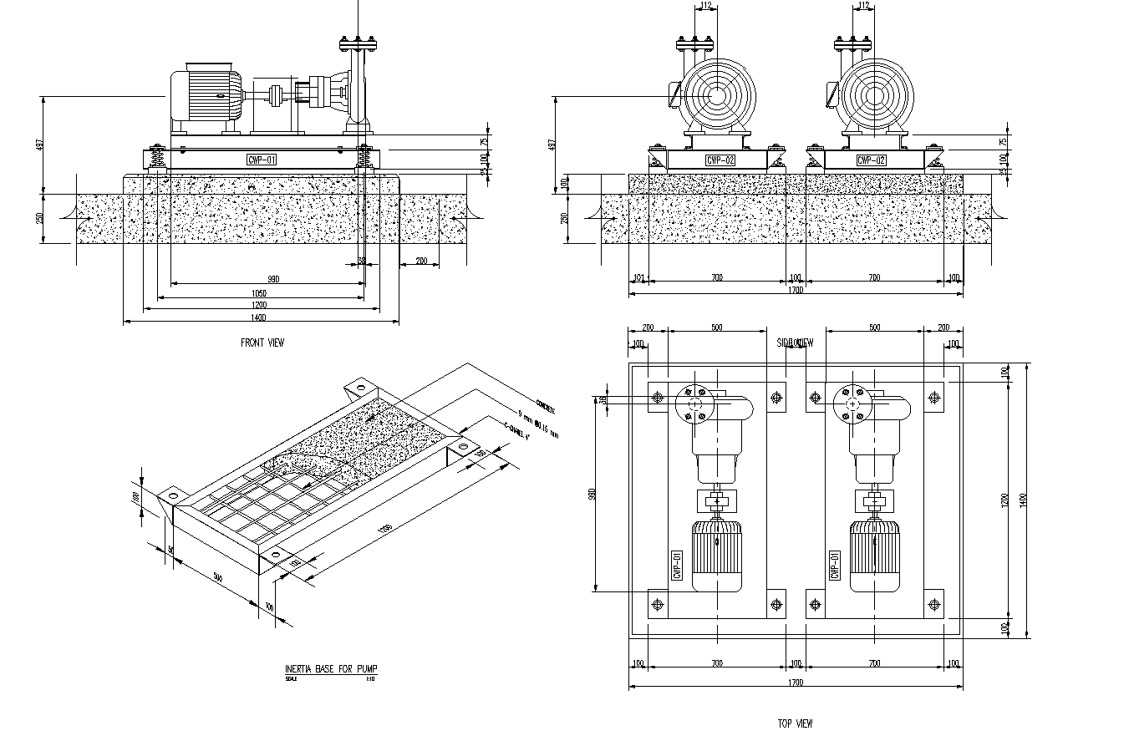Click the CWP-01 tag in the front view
[262, 160]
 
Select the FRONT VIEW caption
[262, 343]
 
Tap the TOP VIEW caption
[794, 723]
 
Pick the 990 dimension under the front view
[272, 279]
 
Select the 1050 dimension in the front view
[259, 293]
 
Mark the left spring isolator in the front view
[155, 158]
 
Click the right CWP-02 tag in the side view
[872, 160]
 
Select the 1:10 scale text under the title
[369, 679]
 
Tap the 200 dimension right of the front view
[421, 261]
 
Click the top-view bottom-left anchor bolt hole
[658, 603]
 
